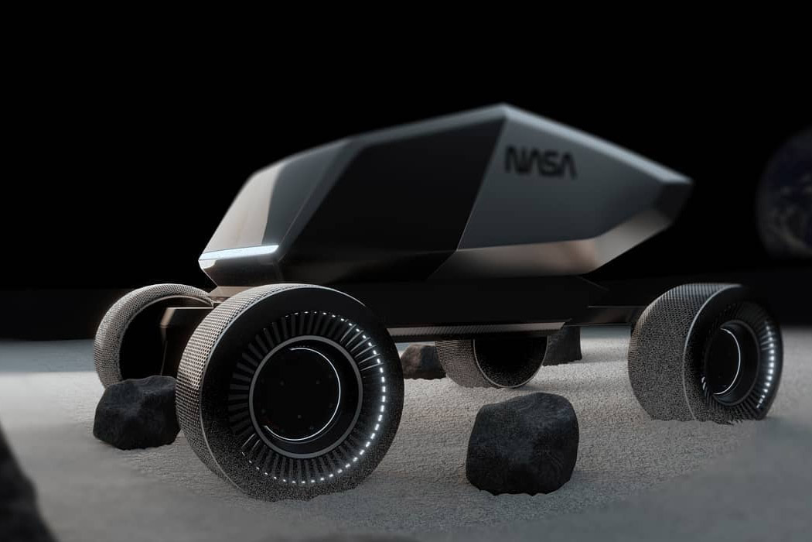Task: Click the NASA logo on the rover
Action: pos(541,162)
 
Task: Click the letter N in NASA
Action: pos(514,160)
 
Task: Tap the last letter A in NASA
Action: pos(567,166)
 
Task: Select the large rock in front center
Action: pos(522,443)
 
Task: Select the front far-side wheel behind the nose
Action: pos(131,333)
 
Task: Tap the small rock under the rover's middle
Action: pos(422,361)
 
